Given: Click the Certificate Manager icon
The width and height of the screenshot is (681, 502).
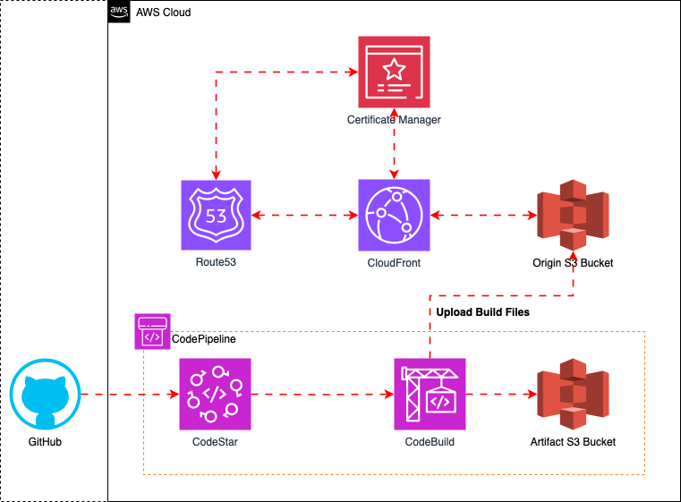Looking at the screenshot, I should pyautogui.click(x=394, y=72).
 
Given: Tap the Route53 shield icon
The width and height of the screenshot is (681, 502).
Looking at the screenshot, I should pyautogui.click(x=216, y=216).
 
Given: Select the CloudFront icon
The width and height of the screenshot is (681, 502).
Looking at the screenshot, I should pyautogui.click(x=394, y=216).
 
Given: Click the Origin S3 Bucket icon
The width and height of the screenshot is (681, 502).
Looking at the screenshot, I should pyautogui.click(x=572, y=216).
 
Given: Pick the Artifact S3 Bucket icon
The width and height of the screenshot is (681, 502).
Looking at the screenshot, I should pyautogui.click(x=572, y=394).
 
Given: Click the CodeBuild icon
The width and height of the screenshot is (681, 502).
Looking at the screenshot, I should pyautogui.click(x=430, y=394).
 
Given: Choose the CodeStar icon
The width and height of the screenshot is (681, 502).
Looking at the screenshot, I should pyautogui.click(x=216, y=394).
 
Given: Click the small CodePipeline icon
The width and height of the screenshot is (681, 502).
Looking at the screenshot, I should pyautogui.click(x=152, y=332).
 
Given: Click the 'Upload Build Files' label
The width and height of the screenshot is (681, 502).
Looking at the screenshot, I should pyautogui.click(x=482, y=312).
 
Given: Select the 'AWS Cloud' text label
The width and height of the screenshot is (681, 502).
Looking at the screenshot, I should pyautogui.click(x=163, y=13).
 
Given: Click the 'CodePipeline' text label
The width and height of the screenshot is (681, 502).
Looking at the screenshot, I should pyautogui.click(x=202, y=340).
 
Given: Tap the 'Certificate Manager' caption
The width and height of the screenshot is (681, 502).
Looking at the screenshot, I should pyautogui.click(x=394, y=119).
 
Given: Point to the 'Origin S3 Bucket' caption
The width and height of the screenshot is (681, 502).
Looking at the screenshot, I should pyautogui.click(x=572, y=263).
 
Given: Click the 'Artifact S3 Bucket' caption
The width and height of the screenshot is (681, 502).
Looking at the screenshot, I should pyautogui.click(x=572, y=441).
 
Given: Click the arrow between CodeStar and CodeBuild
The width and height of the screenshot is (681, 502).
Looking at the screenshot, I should pyautogui.click(x=322, y=394).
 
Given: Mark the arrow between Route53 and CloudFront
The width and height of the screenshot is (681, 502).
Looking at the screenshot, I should pyautogui.click(x=304, y=216).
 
